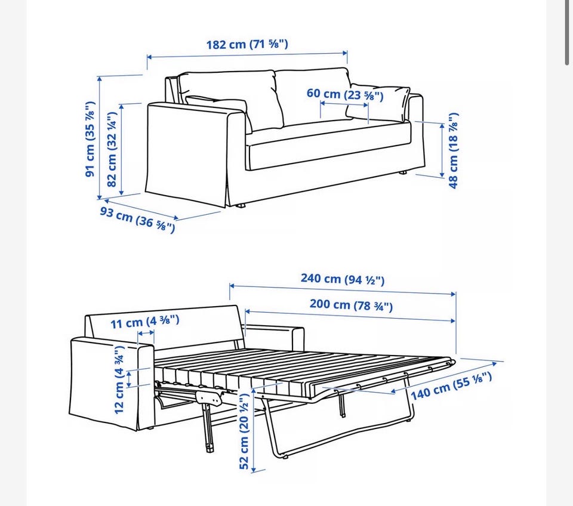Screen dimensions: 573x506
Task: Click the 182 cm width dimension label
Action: [247, 44]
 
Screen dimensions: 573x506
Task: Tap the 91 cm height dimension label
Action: [91, 139]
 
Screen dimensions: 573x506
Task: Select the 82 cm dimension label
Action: [112, 149]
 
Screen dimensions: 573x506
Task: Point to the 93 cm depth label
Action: [138, 220]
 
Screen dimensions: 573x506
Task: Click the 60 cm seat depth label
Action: [345, 94]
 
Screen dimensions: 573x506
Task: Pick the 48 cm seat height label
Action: [453, 150]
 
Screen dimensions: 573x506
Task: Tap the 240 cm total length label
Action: [343, 279]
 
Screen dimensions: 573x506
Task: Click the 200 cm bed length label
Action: [351, 304]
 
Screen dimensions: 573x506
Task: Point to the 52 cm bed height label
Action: [244, 431]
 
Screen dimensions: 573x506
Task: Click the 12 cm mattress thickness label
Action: [119, 379]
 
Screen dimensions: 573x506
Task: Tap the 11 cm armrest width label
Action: [144, 322]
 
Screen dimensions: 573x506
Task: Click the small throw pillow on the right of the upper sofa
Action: [378, 102]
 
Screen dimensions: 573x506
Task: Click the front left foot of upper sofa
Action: [241, 206]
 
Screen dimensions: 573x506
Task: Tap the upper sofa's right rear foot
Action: [402, 173]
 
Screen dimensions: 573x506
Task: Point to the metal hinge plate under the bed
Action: [210, 397]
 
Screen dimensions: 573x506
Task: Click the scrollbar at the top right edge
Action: [567, 33]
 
